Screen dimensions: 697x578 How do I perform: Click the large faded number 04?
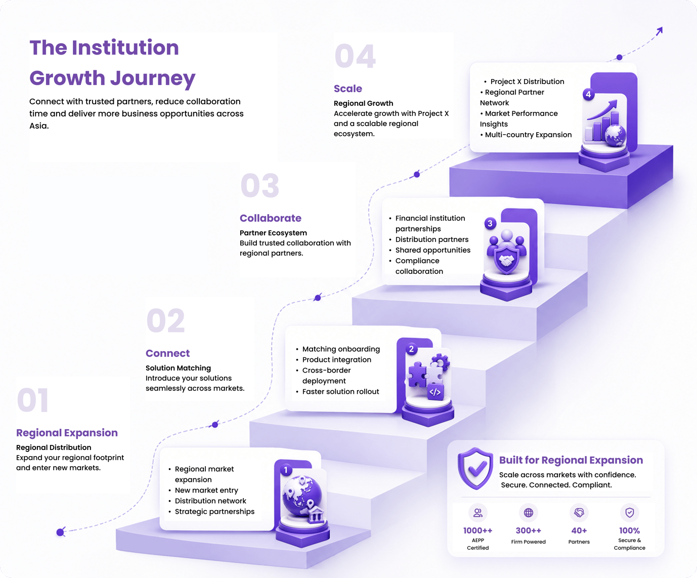(355, 56)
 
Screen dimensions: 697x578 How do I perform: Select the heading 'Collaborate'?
(271, 218)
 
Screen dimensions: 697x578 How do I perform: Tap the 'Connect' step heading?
(167, 353)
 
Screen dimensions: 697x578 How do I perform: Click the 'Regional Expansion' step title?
(67, 433)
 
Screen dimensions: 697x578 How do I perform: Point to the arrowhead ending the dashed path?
(659, 31)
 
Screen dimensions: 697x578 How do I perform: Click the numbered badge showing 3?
(490, 224)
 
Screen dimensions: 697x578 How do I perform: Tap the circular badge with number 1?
(286, 470)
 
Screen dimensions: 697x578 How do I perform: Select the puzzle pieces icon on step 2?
(429, 376)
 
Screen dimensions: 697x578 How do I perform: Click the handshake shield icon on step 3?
(507, 252)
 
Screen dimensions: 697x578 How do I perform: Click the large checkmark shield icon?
(475, 468)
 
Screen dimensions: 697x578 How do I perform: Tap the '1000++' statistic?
(477, 530)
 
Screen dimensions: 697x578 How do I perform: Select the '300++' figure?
(529, 530)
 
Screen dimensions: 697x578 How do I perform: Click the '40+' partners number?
(579, 530)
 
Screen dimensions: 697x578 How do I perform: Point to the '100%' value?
(630, 530)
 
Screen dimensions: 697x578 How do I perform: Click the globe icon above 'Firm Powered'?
(529, 513)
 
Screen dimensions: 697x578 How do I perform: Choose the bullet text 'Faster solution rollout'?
(340, 392)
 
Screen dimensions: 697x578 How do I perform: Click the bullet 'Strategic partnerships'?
(214, 512)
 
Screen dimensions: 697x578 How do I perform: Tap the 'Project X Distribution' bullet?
(527, 81)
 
